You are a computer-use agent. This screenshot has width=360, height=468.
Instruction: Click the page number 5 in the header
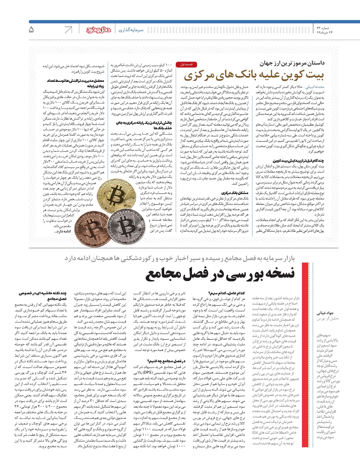pos(31,29)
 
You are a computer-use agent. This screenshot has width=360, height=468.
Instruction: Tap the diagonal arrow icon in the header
pos(68,30)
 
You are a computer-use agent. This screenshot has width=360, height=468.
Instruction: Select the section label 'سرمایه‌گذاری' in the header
pos(131,30)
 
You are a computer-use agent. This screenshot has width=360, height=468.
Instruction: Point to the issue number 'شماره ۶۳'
pos(323,28)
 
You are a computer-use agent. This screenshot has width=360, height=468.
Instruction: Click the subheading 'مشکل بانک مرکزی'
pos(235,193)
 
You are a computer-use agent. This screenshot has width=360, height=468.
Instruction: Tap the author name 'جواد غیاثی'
pos(325,313)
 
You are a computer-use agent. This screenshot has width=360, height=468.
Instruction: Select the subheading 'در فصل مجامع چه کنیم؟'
pos(166,361)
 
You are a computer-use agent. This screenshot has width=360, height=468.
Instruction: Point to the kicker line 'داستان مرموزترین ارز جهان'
pos(292,63)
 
